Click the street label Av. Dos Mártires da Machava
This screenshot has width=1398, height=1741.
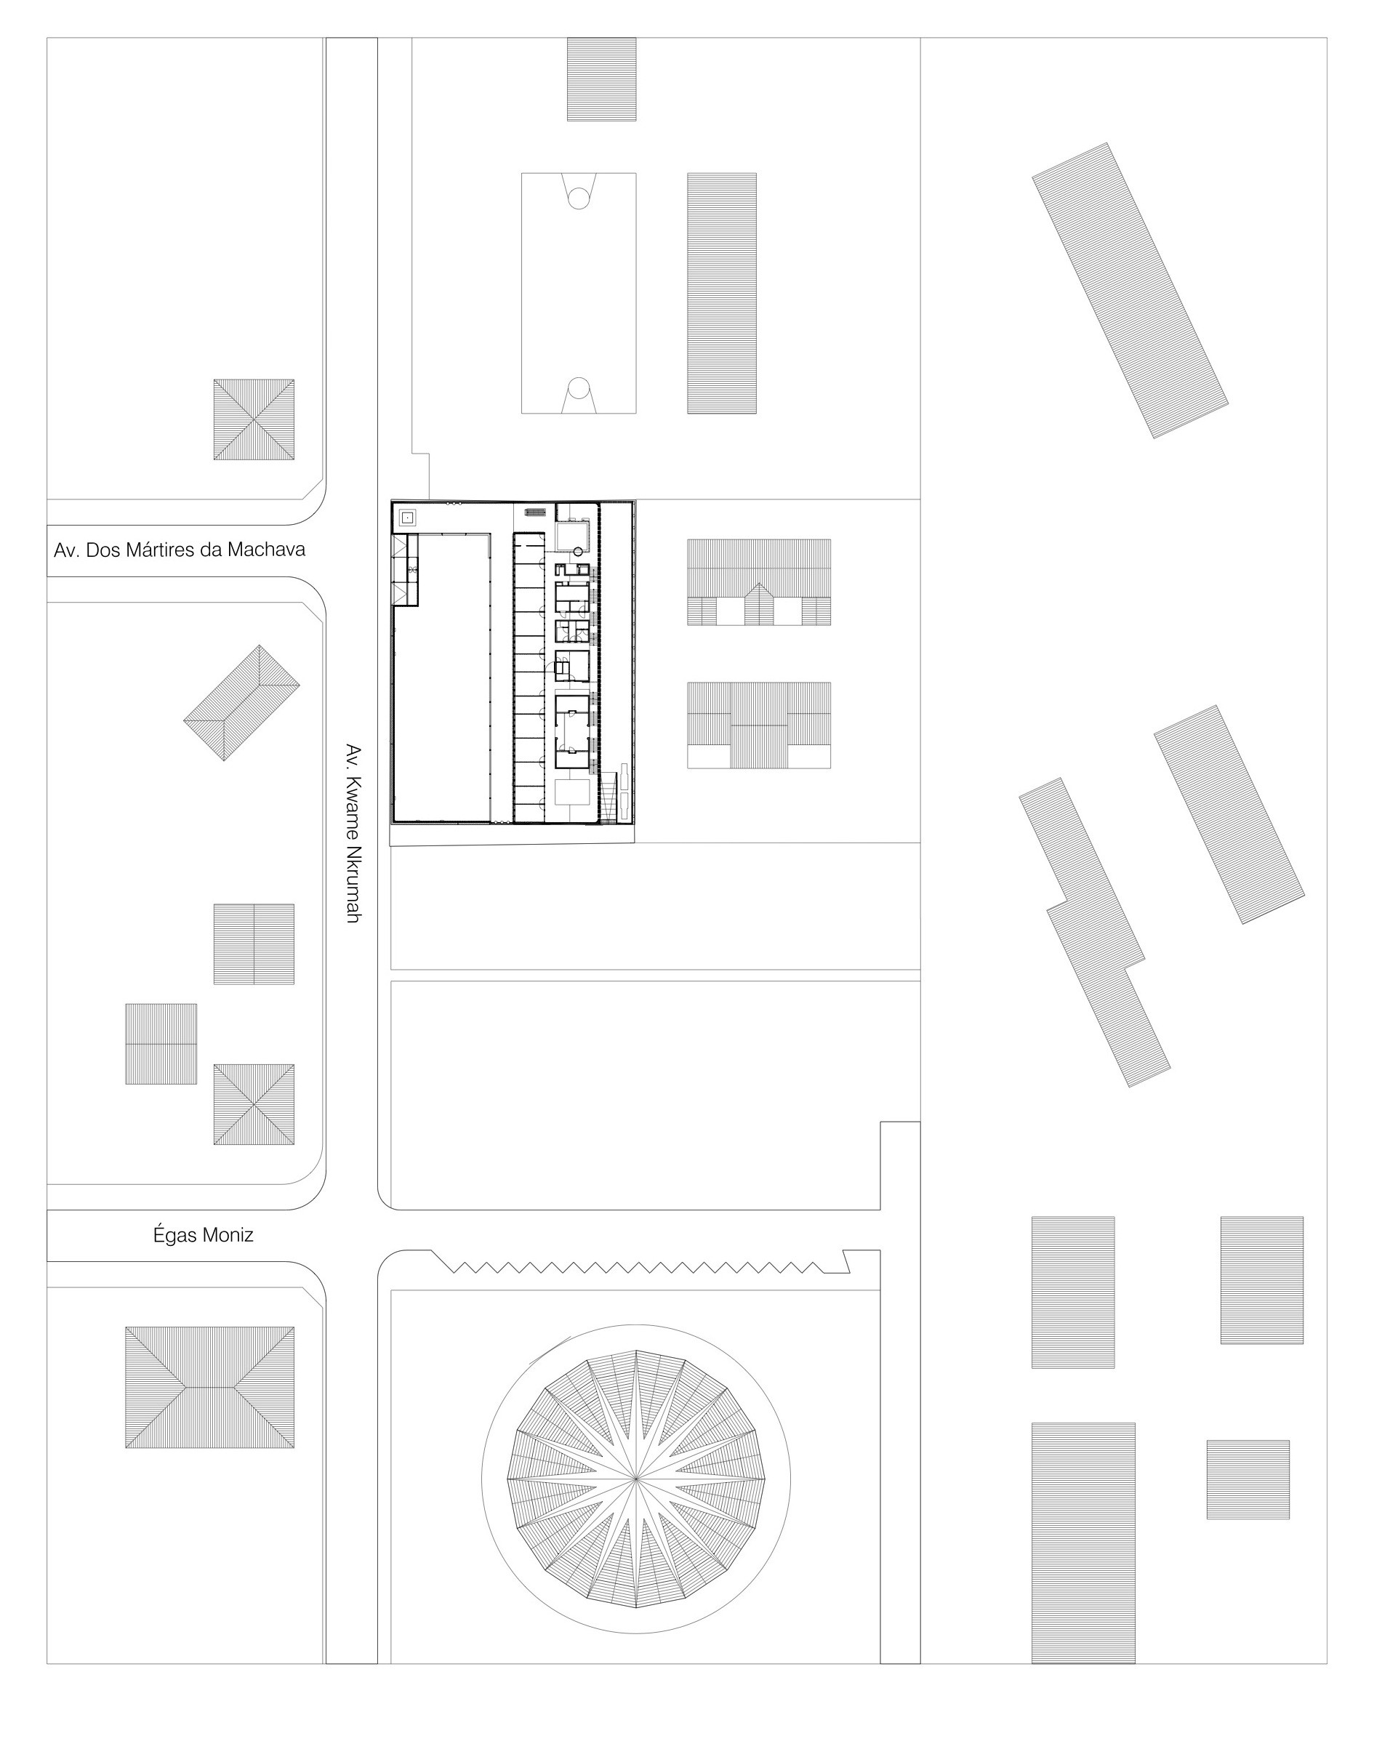point(180,551)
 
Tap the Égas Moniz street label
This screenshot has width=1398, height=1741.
point(204,1236)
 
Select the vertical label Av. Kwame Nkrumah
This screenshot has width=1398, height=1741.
point(352,832)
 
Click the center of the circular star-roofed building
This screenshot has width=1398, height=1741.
point(635,1478)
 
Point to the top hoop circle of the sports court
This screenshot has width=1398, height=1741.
point(578,198)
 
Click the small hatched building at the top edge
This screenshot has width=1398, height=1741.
point(601,79)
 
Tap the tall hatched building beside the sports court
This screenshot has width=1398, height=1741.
point(721,293)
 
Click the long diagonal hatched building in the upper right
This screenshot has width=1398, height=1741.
point(1129,291)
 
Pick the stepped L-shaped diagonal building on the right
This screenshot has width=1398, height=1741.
point(1094,932)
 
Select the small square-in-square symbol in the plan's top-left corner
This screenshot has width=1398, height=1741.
point(408,517)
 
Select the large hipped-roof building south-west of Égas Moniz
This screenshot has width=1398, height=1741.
point(209,1387)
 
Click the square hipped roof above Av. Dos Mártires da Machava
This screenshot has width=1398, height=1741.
point(254,419)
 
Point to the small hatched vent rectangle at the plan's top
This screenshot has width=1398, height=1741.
point(534,511)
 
